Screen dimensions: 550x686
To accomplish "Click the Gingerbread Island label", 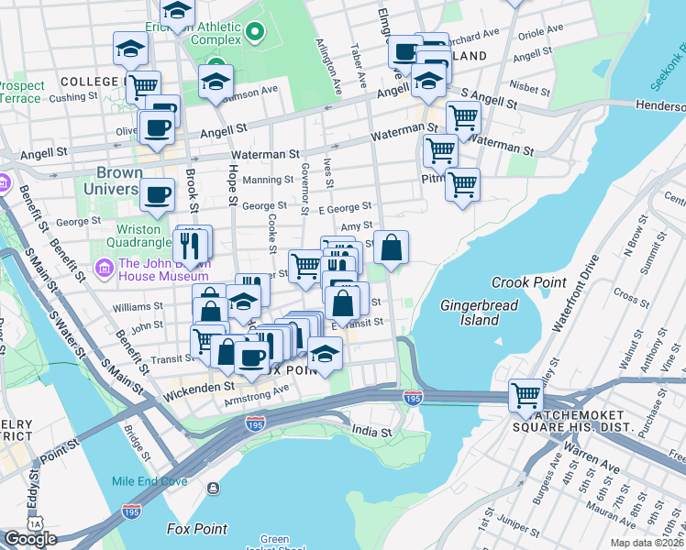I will (480, 313).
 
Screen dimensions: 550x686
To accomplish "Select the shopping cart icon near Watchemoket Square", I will (526, 396).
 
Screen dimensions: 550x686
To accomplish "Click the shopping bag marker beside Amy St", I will (391, 247).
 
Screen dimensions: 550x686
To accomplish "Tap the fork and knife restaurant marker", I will (191, 246).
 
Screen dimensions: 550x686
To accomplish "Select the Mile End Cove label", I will (149, 481).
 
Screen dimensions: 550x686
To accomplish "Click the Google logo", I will (30, 539).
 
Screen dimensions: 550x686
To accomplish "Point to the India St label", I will (371, 431).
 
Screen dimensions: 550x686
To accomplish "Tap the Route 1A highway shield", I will (35, 522).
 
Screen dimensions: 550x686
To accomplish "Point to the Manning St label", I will (267, 180).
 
